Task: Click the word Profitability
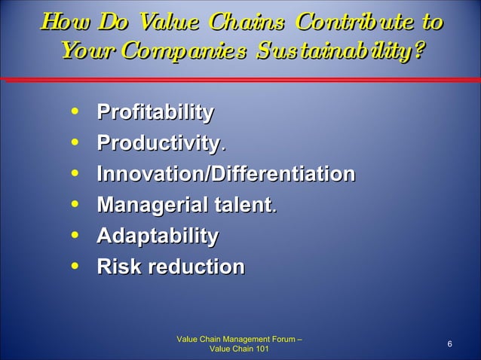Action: coord(155,113)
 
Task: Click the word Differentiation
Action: coord(281,174)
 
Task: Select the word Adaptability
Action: coord(158,236)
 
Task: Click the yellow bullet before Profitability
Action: coord(73,113)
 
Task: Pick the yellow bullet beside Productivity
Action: coord(73,143)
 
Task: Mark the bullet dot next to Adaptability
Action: coord(73,236)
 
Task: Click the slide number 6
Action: coord(449,344)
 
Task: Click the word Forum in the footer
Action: coord(282,339)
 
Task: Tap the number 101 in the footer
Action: coord(258,349)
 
